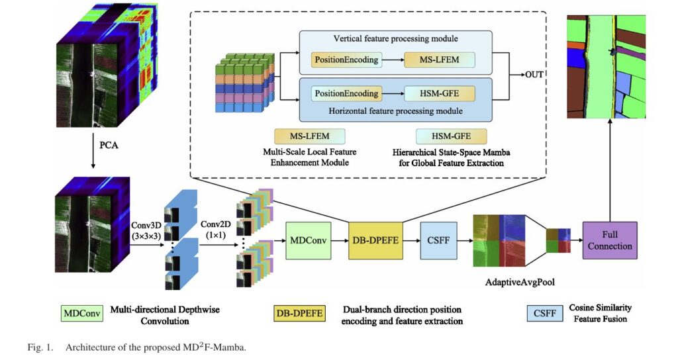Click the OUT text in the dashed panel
click(535, 73)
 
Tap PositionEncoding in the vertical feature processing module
click(346, 60)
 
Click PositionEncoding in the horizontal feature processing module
click(346, 94)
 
